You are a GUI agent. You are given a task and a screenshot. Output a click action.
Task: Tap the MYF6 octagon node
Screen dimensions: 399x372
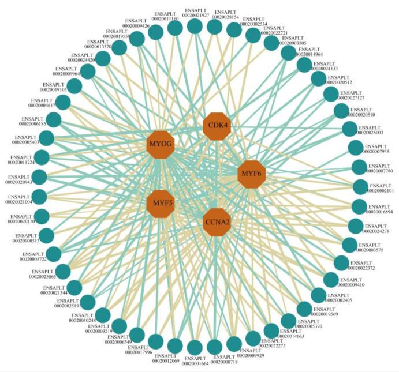252,173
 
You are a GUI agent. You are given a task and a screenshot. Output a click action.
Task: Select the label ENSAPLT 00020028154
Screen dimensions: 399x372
226,14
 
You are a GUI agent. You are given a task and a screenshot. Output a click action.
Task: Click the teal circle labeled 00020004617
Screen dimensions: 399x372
62,103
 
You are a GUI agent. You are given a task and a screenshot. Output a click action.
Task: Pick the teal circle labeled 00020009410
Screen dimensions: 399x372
331,280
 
